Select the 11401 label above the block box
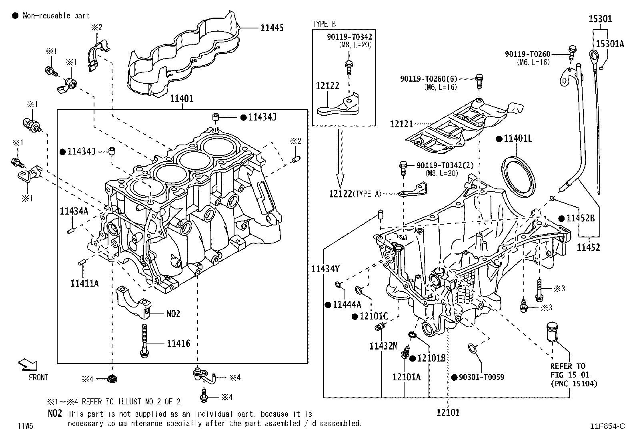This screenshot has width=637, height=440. [182, 98]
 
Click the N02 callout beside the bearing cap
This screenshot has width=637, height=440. [173, 313]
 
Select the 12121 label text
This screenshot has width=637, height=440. [401, 125]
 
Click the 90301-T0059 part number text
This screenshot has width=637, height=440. [481, 377]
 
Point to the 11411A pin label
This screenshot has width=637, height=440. [84, 283]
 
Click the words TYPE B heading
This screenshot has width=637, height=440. [324, 24]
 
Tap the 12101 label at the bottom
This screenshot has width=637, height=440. [448, 412]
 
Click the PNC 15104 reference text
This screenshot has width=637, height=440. [574, 384]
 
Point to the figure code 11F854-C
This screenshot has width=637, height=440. [607, 426]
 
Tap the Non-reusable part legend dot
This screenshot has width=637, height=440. [15, 16]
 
